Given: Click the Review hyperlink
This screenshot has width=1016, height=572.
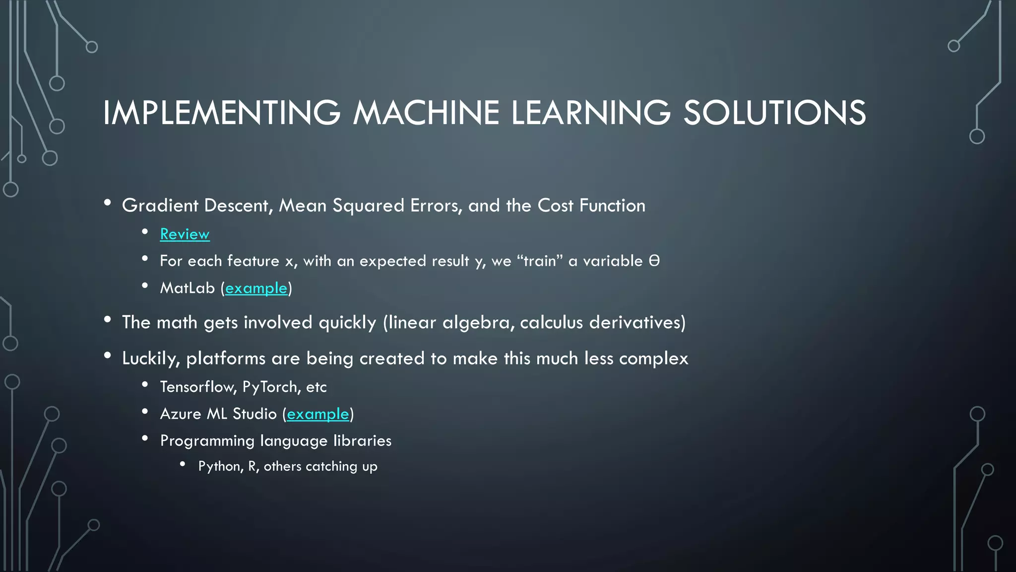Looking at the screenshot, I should coord(185,234).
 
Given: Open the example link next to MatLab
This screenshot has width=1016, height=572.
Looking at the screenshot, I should coord(256,288).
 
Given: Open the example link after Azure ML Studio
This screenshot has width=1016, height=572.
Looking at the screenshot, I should coord(317,414).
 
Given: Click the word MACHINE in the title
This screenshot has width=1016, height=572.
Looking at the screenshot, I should coord(426,113).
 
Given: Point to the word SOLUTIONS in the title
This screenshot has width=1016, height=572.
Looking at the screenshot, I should coord(774,113).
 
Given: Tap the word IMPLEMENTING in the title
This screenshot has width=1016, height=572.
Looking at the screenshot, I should coord(222,113).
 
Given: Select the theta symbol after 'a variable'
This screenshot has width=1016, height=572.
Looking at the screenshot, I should coord(654,261).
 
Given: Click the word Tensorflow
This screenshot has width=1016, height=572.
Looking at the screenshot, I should coord(197,387).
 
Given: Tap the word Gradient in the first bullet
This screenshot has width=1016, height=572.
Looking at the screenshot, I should coord(160,206).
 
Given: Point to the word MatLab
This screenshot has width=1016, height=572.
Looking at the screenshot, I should coord(187,288).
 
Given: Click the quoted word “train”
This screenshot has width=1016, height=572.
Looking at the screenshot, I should coord(540,261).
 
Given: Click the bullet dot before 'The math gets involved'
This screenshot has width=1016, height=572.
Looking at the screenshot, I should coord(108,320).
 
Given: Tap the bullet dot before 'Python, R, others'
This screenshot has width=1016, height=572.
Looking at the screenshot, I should coord(183,464).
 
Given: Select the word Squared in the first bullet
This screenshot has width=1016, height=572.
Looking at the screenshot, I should coord(368,206).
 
